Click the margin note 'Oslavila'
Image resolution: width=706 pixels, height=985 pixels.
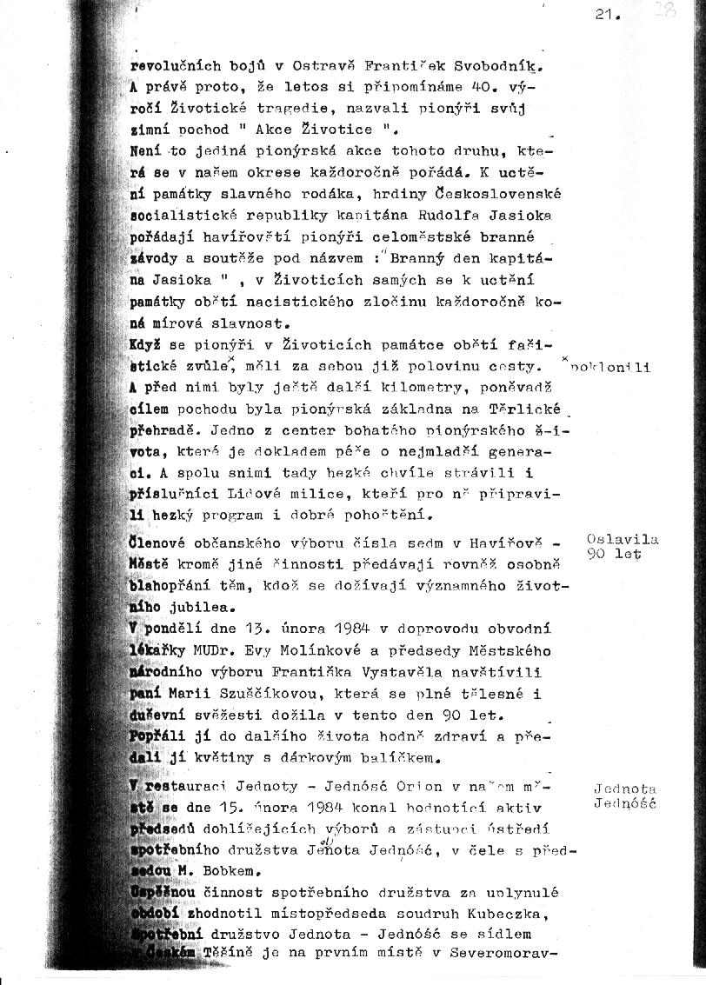[623, 539]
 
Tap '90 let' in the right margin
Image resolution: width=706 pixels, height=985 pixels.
[614, 554]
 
